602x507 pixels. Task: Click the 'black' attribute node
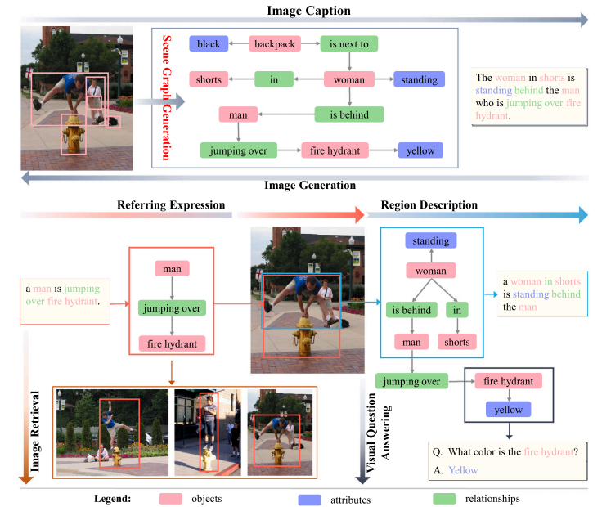point(209,43)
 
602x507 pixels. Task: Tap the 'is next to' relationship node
point(349,43)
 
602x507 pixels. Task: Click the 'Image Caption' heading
point(308,10)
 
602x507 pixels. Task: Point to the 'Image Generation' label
point(309,186)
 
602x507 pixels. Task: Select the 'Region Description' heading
point(429,204)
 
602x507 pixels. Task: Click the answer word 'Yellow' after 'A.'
point(463,470)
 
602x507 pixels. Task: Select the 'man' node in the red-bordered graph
point(172,268)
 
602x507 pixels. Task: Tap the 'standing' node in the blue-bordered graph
point(431,240)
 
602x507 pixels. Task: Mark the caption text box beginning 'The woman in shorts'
point(528,96)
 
